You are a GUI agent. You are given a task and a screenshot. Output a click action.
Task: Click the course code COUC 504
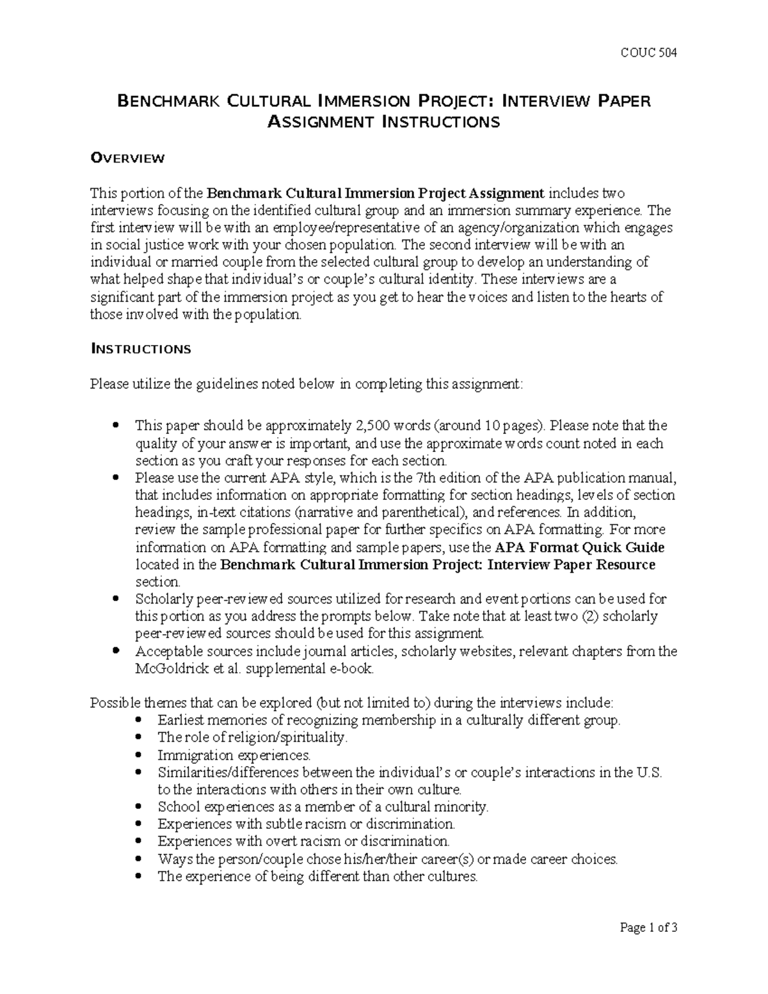coord(650,52)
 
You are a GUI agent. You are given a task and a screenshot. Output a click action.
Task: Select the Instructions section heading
coord(140,349)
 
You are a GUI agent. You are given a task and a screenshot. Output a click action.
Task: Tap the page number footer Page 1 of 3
coord(648,928)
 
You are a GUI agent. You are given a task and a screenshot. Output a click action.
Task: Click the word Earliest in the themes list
coord(180,721)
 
